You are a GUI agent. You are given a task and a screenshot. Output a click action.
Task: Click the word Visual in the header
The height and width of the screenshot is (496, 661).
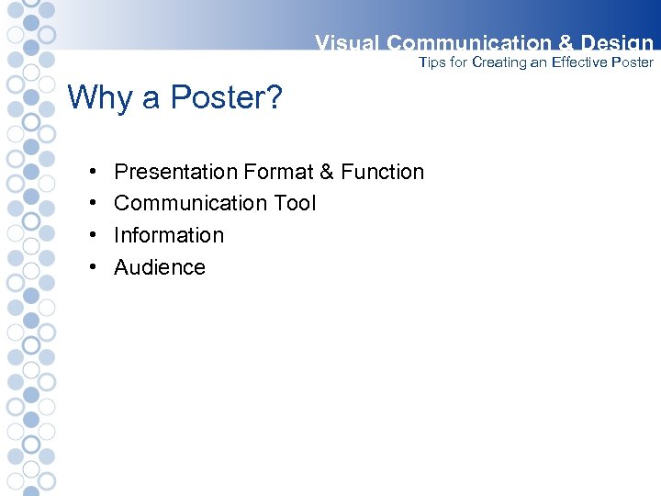click(x=347, y=43)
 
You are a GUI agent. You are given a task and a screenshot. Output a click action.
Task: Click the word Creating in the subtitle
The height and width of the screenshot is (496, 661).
click(x=500, y=62)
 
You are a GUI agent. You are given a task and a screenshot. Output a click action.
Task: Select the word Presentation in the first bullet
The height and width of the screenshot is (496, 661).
click(x=175, y=172)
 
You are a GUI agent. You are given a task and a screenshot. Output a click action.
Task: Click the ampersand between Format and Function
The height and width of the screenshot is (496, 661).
click(x=326, y=172)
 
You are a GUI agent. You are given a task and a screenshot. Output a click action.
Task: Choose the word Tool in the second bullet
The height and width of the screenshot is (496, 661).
click(x=295, y=203)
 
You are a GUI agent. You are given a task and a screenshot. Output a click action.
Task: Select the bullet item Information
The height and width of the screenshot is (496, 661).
click(x=169, y=235)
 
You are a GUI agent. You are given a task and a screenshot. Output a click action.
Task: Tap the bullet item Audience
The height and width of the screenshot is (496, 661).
click(x=160, y=267)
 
